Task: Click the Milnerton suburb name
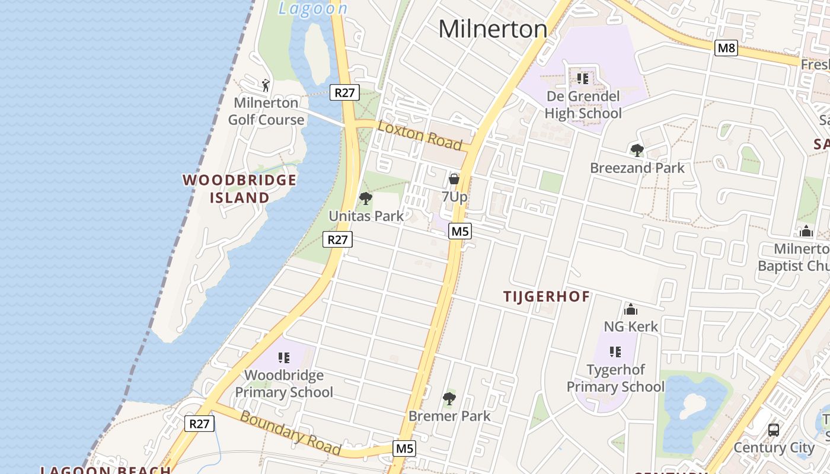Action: point(493,29)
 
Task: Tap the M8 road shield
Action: point(726,48)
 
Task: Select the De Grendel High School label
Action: point(583,105)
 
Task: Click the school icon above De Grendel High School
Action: point(583,78)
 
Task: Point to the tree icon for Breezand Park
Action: point(637,150)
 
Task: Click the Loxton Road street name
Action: point(420,135)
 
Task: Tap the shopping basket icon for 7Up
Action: point(454,178)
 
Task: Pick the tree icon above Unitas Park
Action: point(366,198)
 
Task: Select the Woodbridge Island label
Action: point(240,189)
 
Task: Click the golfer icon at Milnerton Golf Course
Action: point(266,85)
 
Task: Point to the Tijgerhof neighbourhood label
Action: point(547,297)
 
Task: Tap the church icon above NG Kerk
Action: point(631,309)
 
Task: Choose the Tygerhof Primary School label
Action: point(615,378)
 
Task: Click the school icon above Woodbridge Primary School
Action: point(284,357)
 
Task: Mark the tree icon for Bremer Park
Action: point(449,399)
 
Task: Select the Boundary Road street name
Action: point(290,433)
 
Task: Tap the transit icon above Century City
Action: point(774,430)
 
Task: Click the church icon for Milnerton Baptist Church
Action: point(806,231)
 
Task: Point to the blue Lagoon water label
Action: point(313,8)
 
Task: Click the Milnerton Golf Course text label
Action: point(266,111)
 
